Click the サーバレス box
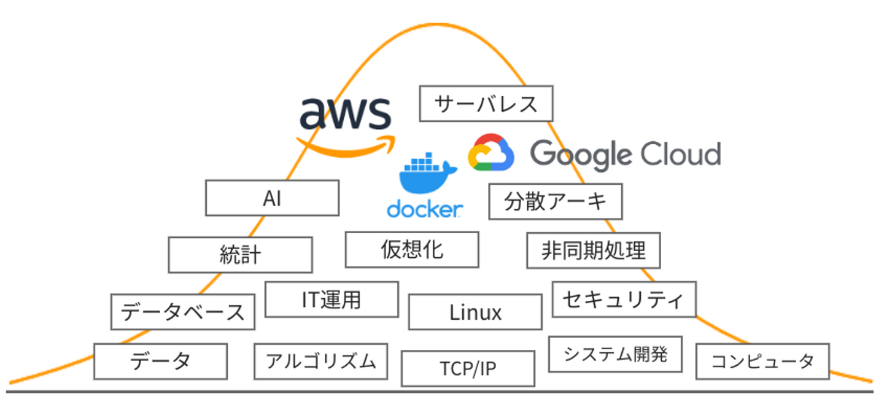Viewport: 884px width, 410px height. [486, 104]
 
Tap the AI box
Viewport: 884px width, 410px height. [272, 198]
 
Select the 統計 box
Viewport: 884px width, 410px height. [240, 255]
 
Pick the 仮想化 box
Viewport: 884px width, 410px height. [411, 249]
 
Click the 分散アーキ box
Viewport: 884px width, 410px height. [555, 201]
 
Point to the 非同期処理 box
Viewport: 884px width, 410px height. [593, 250]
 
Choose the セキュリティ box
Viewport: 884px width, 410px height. [623, 299]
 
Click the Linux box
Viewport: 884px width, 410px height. [475, 312]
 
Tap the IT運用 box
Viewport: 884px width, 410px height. [331, 299]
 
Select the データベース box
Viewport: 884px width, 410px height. [182, 312]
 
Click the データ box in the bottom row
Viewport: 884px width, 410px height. [160, 361]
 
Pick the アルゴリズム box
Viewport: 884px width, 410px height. [320, 361]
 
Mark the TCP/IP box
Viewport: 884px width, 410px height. [467, 368]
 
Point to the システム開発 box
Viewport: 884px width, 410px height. [615, 354]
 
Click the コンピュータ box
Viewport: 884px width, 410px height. [762, 361]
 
